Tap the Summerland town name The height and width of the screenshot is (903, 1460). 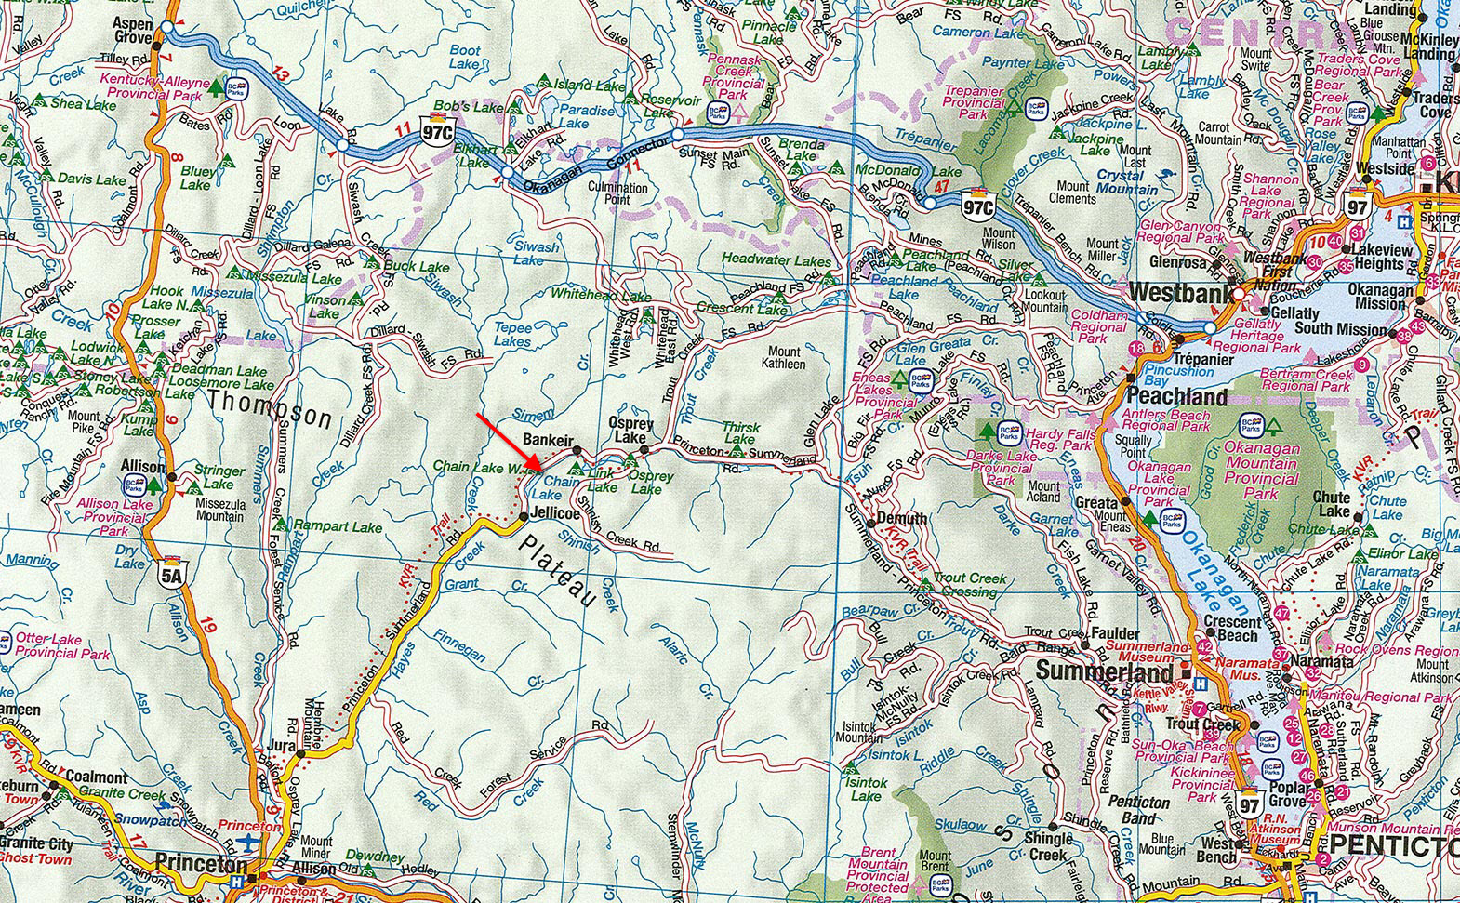point(1106,671)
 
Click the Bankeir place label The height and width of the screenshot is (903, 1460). point(549,439)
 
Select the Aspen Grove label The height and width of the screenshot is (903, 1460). point(132,29)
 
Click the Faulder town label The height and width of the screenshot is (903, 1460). point(1116,632)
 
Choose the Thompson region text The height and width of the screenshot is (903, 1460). point(270,410)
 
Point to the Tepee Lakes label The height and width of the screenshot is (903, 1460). point(513,335)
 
